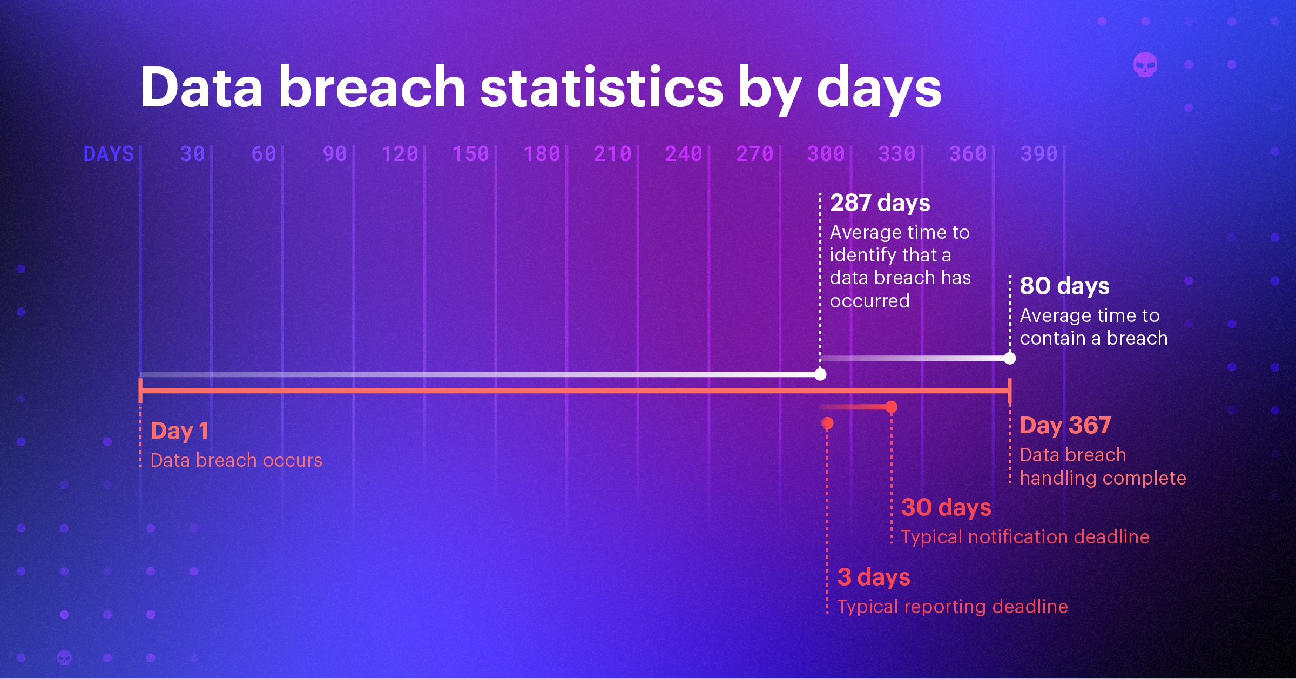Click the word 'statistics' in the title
tap(601, 88)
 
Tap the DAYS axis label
tap(109, 154)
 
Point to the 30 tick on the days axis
tap(193, 154)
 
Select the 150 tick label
tap(470, 154)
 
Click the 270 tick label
tap(755, 154)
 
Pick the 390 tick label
tap(1039, 154)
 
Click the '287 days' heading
tap(880, 203)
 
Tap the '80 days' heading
tap(1064, 286)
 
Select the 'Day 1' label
tap(179, 431)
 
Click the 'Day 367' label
tap(1065, 425)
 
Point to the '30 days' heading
tap(946, 507)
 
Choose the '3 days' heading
tap(873, 577)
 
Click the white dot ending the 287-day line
tap(820, 374)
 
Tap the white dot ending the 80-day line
tap(1010, 358)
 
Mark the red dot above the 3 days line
tap(827, 423)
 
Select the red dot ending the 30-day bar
tap(892, 407)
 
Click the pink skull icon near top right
tap(1145, 65)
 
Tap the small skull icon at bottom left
tap(64, 657)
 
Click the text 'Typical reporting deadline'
tap(952, 607)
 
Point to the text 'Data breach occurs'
tap(236, 460)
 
